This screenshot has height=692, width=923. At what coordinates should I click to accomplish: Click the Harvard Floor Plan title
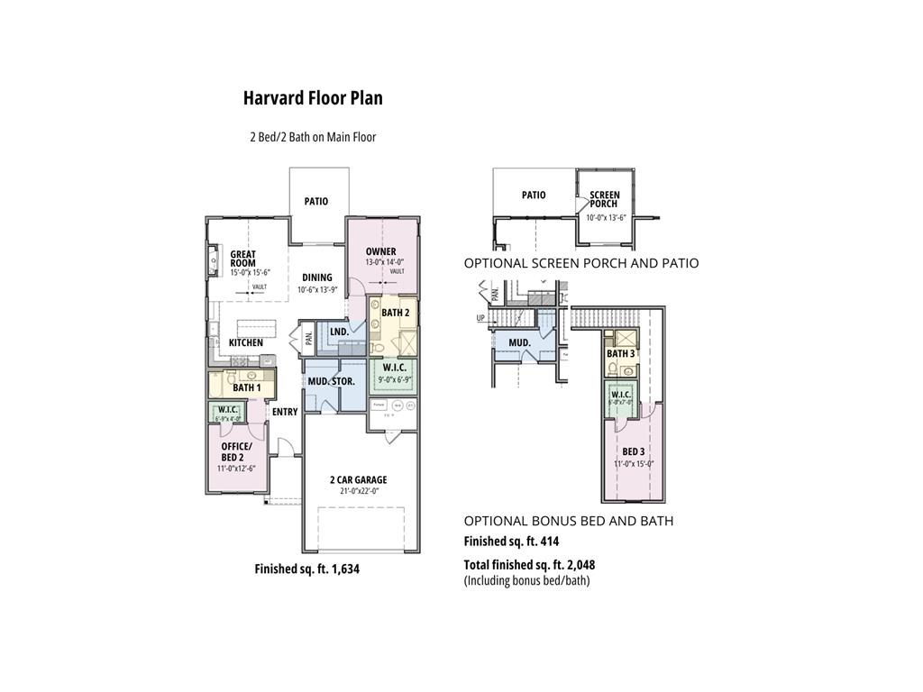tap(313, 98)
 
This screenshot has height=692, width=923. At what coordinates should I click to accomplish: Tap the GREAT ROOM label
tap(242, 259)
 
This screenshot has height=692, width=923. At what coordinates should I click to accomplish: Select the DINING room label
tap(316, 278)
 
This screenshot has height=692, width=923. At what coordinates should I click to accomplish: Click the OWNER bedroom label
tap(380, 251)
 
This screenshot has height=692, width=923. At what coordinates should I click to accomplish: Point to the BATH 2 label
tap(395, 313)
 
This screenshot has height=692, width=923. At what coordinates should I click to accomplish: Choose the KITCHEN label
tap(246, 342)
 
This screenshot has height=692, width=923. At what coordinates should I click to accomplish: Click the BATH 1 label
tap(246, 387)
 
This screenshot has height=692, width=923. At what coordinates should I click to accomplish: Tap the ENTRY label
tap(285, 412)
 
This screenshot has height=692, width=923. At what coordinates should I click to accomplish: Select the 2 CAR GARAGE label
tap(358, 479)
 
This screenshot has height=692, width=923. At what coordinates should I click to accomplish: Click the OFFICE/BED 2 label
tap(237, 451)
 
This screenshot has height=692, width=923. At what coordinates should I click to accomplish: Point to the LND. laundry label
tap(339, 332)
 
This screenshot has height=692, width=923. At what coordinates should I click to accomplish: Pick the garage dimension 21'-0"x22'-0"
tap(358, 491)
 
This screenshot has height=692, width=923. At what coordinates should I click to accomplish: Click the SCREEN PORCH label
tap(604, 199)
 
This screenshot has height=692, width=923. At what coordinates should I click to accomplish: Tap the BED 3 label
tap(633, 451)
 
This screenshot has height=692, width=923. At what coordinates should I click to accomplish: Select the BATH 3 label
tap(620, 354)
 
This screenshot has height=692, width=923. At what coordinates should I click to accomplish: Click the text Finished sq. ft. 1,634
tap(307, 569)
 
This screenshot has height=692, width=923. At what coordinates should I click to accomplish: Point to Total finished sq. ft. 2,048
tap(529, 565)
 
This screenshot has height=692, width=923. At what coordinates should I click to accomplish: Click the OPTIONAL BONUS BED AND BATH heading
tap(568, 521)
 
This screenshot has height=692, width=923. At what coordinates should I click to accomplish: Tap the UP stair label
tap(480, 318)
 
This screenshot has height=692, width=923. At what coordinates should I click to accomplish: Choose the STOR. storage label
tap(343, 381)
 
